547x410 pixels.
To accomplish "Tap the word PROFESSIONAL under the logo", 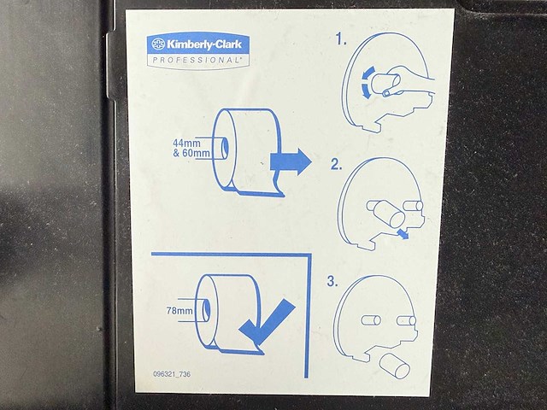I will coord(196,61).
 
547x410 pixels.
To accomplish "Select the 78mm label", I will coord(181,311).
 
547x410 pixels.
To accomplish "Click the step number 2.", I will coord(337,164).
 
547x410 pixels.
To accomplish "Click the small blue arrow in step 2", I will coord(402,234).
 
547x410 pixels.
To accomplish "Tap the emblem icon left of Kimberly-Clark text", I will coord(159,43).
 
